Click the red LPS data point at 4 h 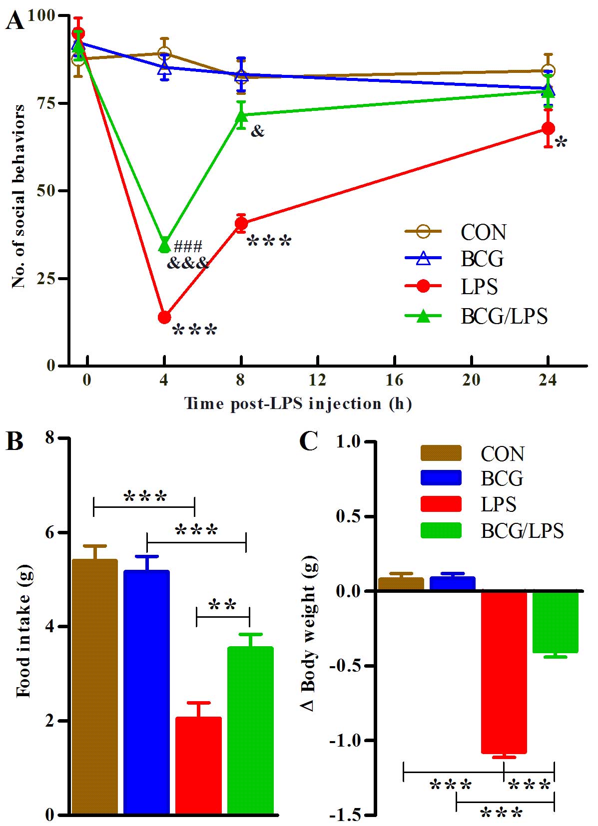click(x=164, y=317)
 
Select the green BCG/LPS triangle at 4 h click(x=164, y=245)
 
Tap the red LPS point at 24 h click(x=548, y=128)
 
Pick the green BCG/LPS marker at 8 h click(x=241, y=116)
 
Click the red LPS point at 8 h click(x=241, y=223)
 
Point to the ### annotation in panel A click(x=188, y=246)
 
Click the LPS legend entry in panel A click(x=479, y=286)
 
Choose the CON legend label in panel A click(x=483, y=232)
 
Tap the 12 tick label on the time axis click(x=317, y=381)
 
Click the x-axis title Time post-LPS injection click(x=298, y=403)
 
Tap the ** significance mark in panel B click(x=222, y=605)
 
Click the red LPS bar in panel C click(x=504, y=672)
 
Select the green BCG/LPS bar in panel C click(x=555, y=622)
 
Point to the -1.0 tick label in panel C click(x=347, y=740)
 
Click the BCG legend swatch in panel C click(x=441, y=478)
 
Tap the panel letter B click(x=14, y=441)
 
